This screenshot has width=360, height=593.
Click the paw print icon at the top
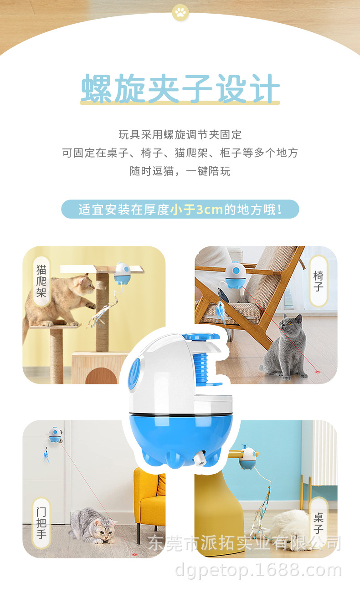[x=180, y=13]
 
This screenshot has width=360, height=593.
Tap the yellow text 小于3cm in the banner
[x=196, y=210]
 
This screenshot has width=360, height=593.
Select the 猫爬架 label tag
[x=41, y=281]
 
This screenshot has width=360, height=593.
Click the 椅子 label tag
[x=318, y=281]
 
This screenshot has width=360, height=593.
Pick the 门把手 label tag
[x=41, y=523]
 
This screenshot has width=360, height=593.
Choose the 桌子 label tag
[x=318, y=523]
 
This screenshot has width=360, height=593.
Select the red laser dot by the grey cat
[x=318, y=372]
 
